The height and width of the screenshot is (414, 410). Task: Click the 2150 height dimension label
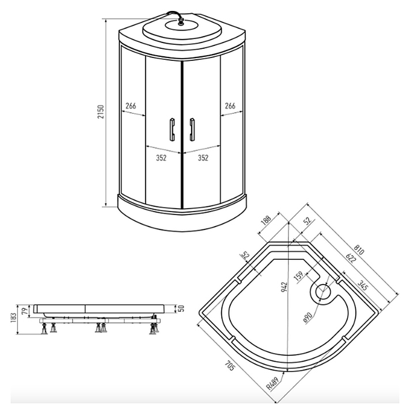click(x=101, y=112)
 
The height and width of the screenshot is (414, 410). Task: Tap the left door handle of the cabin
click(x=172, y=129)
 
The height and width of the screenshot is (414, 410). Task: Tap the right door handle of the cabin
click(x=192, y=129)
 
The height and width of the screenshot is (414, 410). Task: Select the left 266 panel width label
click(x=131, y=106)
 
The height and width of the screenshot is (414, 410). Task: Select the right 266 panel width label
click(x=230, y=106)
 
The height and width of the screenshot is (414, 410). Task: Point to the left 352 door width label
click(x=161, y=158)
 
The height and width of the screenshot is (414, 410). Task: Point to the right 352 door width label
click(x=203, y=158)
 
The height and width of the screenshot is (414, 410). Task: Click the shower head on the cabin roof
click(x=181, y=22)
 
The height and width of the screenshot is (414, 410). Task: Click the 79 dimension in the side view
click(x=24, y=310)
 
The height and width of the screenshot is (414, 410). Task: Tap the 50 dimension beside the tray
click(x=181, y=308)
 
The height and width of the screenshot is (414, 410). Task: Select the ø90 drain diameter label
click(x=307, y=317)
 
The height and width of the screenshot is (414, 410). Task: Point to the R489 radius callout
click(x=272, y=384)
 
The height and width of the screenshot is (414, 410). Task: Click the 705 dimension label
click(x=230, y=366)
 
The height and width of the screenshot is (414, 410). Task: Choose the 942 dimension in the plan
click(x=284, y=287)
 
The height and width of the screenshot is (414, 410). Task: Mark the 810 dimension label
click(x=359, y=250)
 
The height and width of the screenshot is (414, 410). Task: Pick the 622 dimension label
click(x=351, y=258)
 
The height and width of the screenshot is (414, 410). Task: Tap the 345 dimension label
click(x=362, y=285)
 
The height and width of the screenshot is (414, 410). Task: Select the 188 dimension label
click(x=266, y=220)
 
